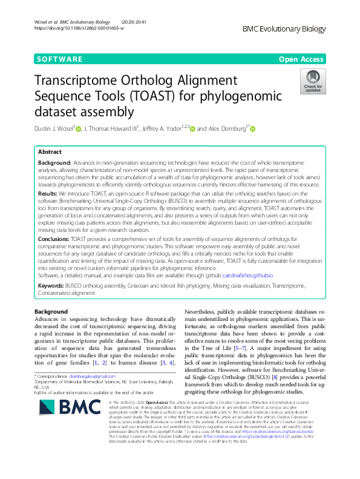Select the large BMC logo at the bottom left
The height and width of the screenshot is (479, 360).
(x=58, y=420)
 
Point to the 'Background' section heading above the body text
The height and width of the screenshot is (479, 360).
(x=51, y=311)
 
